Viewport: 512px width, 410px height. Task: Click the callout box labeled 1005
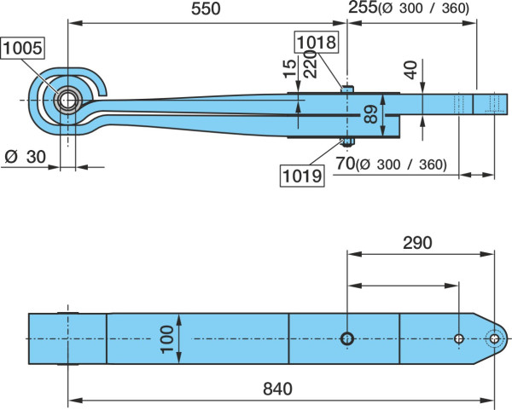point(22,48)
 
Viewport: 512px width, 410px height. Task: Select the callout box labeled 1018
point(317,42)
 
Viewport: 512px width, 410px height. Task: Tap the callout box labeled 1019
point(302,176)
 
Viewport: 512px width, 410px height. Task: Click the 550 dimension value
point(206,9)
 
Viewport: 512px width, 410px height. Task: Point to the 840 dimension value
point(277,389)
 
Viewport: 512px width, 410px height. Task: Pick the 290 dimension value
point(417,243)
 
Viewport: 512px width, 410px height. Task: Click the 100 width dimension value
point(167,339)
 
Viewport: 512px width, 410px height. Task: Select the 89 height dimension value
point(371,114)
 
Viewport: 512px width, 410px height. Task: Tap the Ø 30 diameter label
point(26,157)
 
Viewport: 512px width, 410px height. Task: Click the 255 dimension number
point(363,8)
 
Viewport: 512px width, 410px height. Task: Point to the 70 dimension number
point(346,164)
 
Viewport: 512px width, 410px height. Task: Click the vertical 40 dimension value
point(411,70)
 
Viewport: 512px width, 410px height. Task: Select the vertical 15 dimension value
point(290,69)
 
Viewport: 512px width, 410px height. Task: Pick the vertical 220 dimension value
point(311,64)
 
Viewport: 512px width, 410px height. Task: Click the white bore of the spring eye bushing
point(68,100)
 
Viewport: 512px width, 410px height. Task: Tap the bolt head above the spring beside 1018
point(347,89)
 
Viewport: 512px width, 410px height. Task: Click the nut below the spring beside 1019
point(347,141)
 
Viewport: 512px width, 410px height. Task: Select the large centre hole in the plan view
point(347,339)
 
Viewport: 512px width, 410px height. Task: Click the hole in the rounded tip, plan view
point(494,339)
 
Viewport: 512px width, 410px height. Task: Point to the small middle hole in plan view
point(459,339)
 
